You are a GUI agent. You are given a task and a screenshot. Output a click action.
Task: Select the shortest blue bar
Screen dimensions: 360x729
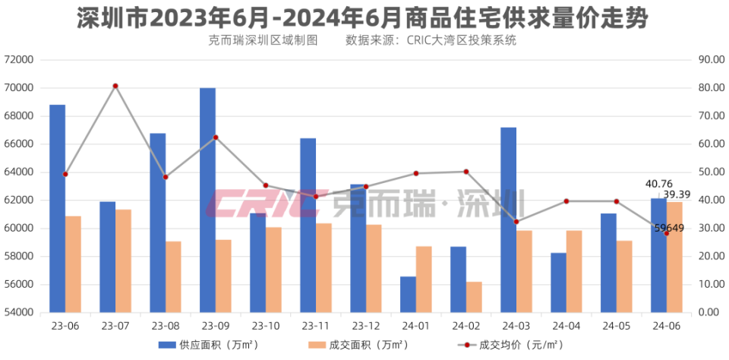coord(408,294)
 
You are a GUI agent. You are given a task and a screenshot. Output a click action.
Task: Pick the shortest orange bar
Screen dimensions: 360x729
coord(474,297)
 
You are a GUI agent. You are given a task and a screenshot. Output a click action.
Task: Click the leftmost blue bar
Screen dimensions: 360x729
coord(57,208)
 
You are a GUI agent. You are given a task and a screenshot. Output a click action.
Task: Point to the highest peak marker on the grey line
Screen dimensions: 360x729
coord(115,86)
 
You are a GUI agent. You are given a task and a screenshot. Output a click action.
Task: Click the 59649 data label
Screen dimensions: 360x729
coord(668,228)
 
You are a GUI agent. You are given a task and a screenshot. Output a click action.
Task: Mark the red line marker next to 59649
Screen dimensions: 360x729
coord(667,233)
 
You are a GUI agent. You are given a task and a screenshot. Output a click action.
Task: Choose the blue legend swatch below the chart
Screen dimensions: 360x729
coord(167,345)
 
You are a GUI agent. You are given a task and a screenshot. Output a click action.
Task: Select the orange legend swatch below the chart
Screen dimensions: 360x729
coord(317,345)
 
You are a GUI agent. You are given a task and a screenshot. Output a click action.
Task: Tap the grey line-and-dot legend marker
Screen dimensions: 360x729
coord(466,345)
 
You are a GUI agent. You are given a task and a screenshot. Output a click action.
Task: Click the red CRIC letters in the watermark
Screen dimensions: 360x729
coord(266,204)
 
